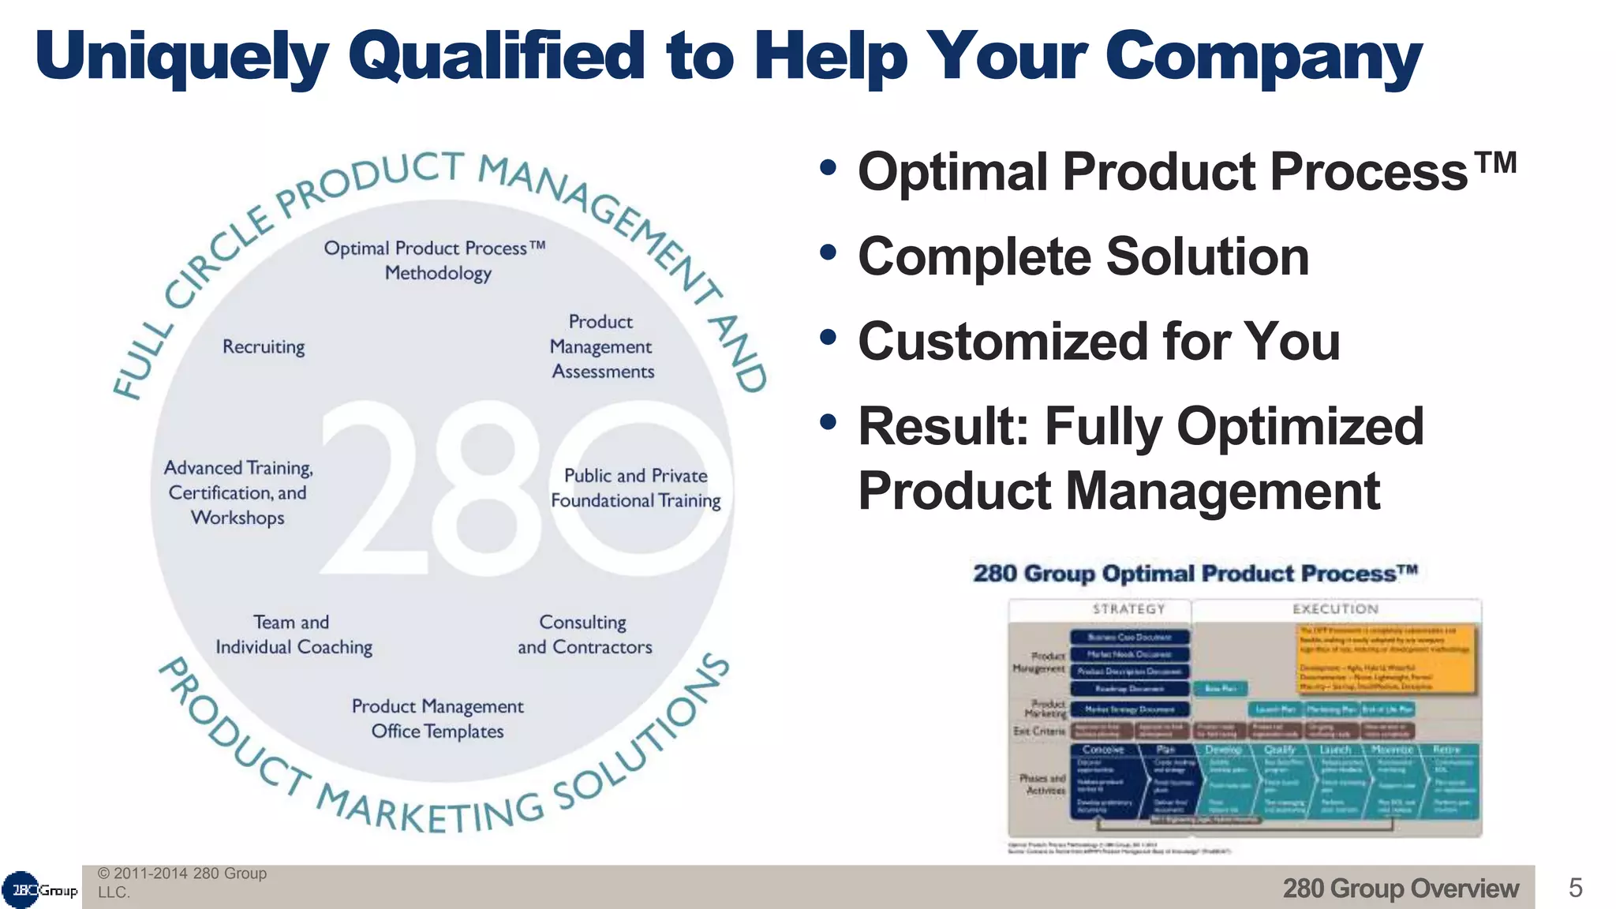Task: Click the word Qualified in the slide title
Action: pyautogui.click(x=497, y=57)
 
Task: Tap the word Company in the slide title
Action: pyautogui.click(x=1262, y=57)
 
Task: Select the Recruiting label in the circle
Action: pyautogui.click(x=264, y=347)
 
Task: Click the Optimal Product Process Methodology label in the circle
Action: pyautogui.click(x=436, y=260)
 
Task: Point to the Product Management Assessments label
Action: pyautogui.click(x=602, y=346)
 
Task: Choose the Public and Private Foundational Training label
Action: pyautogui.click(x=636, y=488)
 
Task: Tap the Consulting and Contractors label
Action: pyautogui.click(x=585, y=634)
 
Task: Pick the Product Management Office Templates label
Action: pyautogui.click(x=438, y=719)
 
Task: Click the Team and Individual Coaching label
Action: pyautogui.click(x=294, y=634)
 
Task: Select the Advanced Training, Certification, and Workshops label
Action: pyautogui.click(x=238, y=492)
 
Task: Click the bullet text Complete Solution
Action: pyautogui.click(x=1083, y=257)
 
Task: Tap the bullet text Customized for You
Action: pyautogui.click(x=1099, y=342)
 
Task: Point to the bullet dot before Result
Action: pyautogui.click(x=828, y=422)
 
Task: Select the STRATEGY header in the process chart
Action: pyautogui.click(x=1128, y=609)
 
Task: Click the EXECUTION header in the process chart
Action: pyautogui.click(x=1335, y=609)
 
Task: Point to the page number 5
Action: pyautogui.click(x=1575, y=888)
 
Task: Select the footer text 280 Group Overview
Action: pyautogui.click(x=1400, y=888)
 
